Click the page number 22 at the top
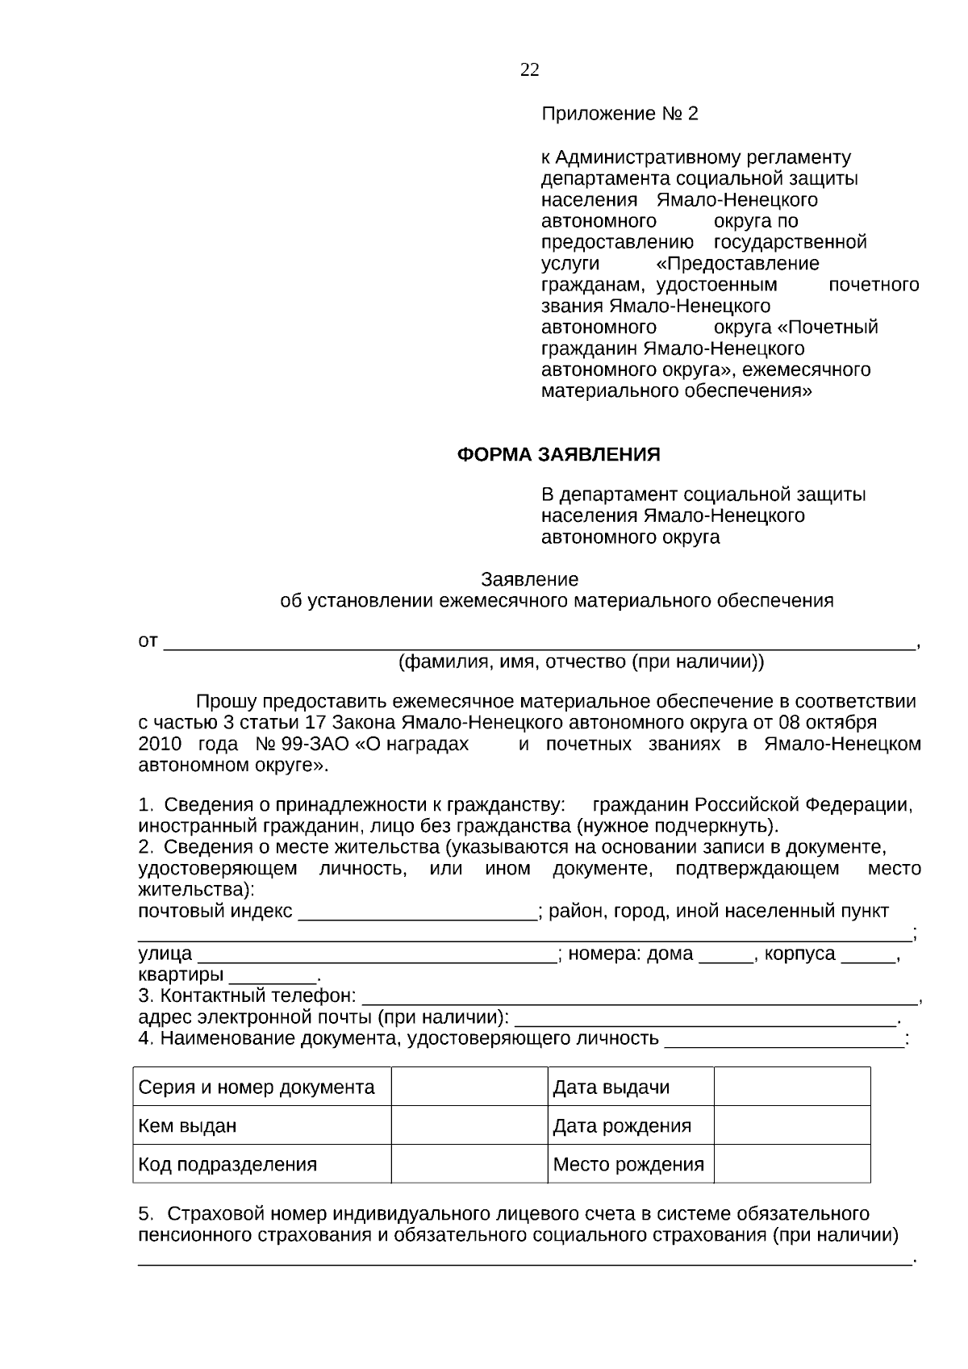click(529, 70)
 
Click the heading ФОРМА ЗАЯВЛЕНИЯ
click(558, 455)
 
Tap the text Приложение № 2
click(619, 114)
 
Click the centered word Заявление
click(529, 579)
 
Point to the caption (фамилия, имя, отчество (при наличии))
click(580, 662)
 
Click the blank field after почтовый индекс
click(417, 912)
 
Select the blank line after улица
click(376, 955)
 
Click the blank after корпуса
click(868, 955)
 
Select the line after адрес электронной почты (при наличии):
click(705, 1018)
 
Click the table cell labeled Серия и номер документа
click(257, 1087)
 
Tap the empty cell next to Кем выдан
click(469, 1125)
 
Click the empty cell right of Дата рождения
click(791, 1125)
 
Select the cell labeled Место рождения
click(628, 1164)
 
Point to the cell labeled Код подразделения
click(227, 1164)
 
